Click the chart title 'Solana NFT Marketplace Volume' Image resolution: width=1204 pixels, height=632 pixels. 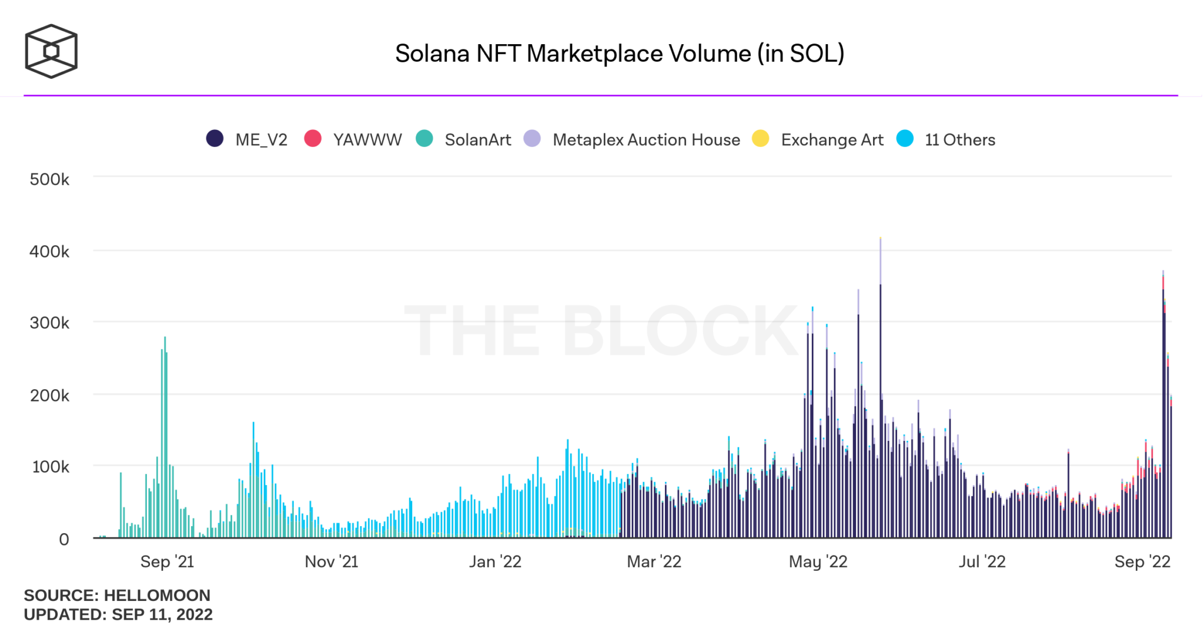619,53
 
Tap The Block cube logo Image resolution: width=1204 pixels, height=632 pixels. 51,51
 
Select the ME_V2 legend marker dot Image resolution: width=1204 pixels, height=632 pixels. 215,139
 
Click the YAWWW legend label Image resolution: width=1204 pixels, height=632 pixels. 367,140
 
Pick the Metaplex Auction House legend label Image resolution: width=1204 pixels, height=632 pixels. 646,140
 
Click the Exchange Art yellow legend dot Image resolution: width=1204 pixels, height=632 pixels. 760,139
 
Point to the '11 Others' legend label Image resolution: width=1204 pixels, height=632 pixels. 960,140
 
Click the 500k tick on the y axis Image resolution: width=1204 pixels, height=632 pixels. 49,179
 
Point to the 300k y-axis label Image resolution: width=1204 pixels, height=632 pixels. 49,323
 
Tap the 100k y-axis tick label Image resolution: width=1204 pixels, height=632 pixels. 51,467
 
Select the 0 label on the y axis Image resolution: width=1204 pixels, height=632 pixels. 64,539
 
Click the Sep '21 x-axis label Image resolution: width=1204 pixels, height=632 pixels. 167,562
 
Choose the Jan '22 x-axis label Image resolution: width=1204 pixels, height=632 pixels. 495,562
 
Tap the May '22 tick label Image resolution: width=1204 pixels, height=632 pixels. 818,562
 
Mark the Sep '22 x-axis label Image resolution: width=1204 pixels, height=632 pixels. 1142,562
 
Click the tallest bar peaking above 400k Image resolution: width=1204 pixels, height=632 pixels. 880,388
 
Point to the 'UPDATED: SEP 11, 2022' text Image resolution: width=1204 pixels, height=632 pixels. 118,614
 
